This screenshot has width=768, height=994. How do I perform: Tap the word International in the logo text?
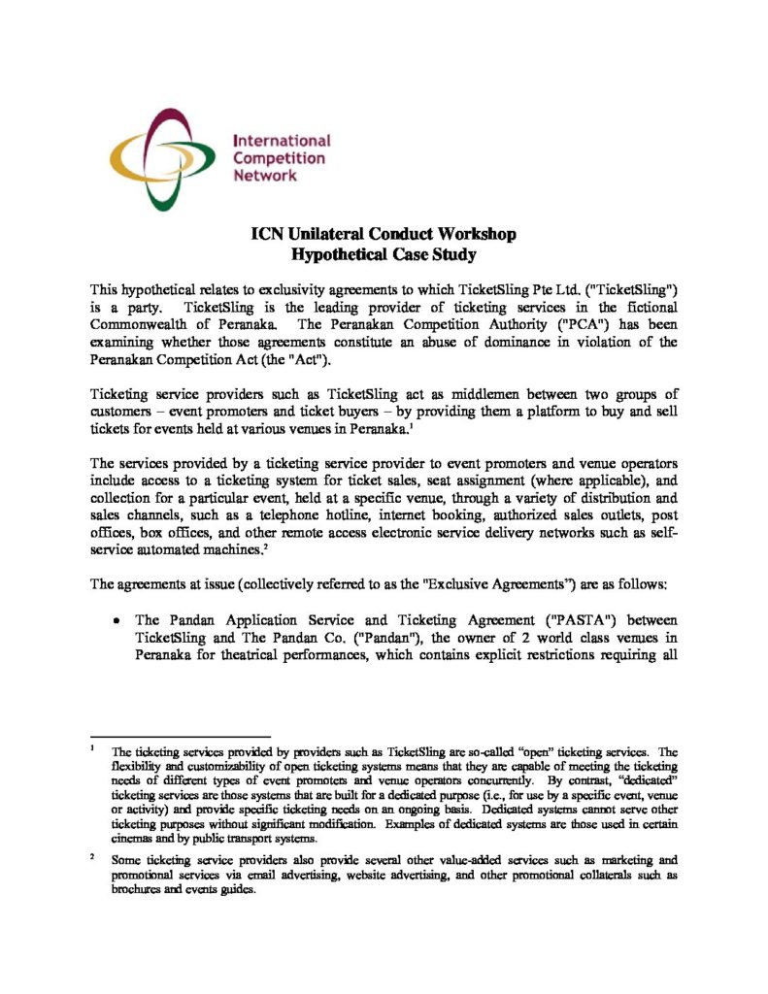(x=282, y=141)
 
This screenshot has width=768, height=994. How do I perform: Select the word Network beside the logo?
(x=265, y=176)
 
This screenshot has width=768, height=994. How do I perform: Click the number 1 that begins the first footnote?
(x=92, y=749)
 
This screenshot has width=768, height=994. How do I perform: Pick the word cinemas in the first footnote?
(x=136, y=837)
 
